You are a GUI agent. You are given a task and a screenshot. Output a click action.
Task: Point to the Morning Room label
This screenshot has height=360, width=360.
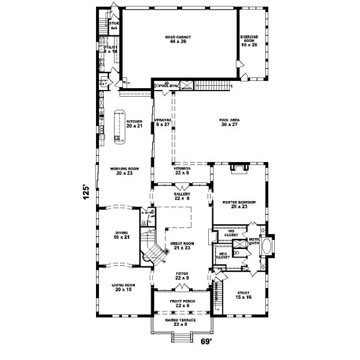click(124, 171)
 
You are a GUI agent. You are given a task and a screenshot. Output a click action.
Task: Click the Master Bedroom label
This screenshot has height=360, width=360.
click(239, 204)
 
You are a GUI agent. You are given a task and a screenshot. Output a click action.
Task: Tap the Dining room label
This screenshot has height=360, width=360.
click(122, 235)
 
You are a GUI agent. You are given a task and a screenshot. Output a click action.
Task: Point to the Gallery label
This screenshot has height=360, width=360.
click(182, 196)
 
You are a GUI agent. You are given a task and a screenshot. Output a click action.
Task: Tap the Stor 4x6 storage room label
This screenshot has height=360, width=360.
click(114, 26)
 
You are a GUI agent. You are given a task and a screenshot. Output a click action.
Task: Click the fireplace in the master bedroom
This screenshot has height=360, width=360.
click(239, 168)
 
